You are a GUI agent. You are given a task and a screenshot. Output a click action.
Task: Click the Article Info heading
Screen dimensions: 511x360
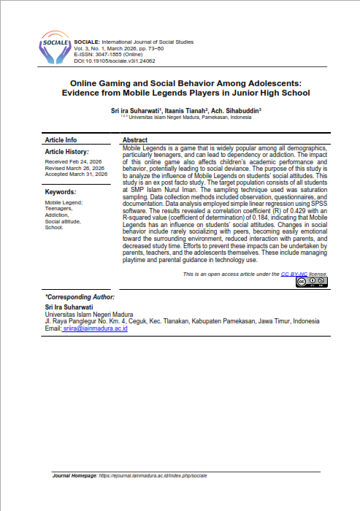point(61,139)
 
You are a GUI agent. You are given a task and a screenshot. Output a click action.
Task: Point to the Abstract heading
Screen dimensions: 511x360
point(136,139)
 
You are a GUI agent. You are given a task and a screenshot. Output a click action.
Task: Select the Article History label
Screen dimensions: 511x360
point(66,151)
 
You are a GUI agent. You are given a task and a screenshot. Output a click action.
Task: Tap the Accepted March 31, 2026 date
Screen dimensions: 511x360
point(76,175)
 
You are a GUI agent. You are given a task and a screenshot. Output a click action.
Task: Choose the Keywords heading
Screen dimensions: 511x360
point(61,192)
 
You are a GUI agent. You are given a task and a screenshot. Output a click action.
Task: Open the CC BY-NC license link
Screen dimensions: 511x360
point(294,273)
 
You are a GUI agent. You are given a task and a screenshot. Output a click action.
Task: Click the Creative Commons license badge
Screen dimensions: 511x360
point(311,282)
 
